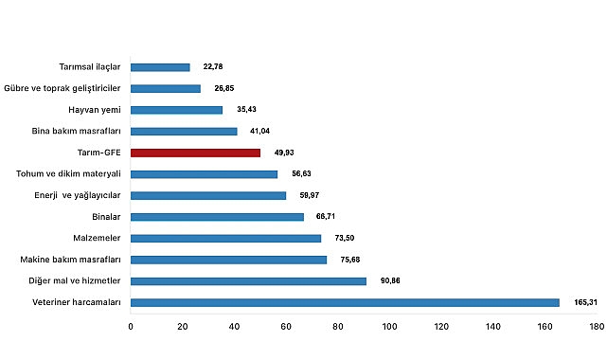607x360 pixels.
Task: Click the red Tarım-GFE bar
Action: (195, 153)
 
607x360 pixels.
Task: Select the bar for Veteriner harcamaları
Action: (345, 302)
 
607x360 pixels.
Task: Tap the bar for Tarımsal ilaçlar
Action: (160, 67)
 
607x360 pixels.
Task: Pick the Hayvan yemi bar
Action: (176, 110)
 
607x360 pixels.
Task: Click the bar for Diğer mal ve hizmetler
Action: (248, 281)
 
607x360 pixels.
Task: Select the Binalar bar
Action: (217, 217)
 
